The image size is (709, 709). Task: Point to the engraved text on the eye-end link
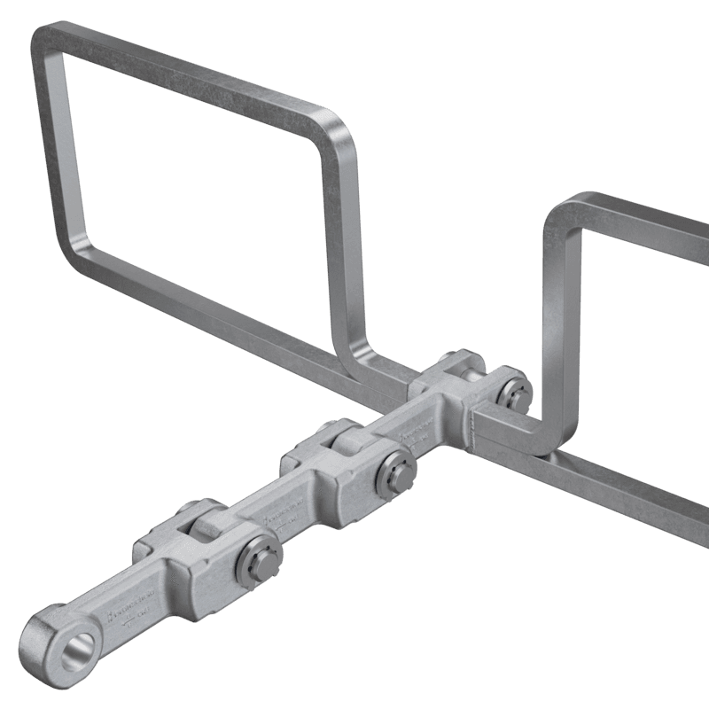(133, 612)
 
